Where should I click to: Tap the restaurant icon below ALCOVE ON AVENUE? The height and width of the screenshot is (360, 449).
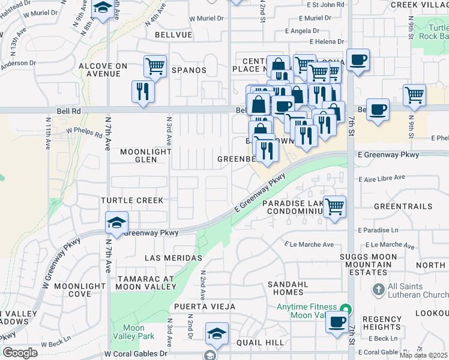coord(142,92)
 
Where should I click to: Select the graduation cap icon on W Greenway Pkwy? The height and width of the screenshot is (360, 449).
coord(116,223)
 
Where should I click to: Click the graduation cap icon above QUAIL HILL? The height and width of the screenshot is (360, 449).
coord(217,334)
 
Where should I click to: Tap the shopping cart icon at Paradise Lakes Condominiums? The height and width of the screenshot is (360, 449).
coord(335,206)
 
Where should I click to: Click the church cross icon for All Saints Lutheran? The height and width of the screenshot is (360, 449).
coord(378,290)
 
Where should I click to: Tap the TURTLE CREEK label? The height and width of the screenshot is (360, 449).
coord(132,200)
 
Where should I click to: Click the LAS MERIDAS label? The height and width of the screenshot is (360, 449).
coord(173,258)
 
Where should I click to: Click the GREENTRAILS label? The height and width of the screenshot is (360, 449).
coord(403,206)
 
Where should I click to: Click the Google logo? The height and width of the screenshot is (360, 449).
coord(20,353)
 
